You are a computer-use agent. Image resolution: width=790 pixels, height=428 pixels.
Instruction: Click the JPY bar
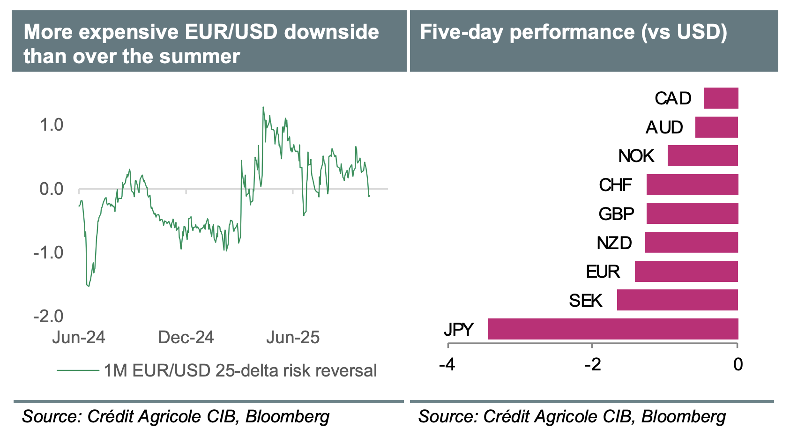tap(613, 329)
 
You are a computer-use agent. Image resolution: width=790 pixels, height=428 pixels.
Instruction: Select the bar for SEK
tap(677, 300)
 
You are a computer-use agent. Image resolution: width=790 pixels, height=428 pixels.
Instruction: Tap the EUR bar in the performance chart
tap(686, 272)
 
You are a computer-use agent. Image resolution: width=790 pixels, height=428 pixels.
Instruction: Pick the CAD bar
tap(721, 98)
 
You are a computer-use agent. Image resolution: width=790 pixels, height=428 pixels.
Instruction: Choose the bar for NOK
tap(702, 156)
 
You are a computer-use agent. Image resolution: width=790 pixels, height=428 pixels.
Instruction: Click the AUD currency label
tap(664, 127)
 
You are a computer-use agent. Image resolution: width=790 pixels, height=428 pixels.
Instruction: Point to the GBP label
tap(616, 214)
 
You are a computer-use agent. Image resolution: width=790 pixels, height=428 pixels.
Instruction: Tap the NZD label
tap(614, 243)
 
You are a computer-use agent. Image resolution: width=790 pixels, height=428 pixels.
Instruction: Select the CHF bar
tap(692, 185)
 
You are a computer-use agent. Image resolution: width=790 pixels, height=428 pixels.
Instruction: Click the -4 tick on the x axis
tap(447, 364)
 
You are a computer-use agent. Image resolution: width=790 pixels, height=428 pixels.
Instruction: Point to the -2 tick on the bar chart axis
tap(592, 364)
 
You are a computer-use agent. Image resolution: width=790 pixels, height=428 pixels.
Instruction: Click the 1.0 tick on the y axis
tap(52, 125)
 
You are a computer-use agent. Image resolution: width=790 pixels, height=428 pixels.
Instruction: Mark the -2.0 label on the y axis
tap(48, 316)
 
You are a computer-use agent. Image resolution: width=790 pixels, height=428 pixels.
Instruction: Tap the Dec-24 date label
tap(186, 337)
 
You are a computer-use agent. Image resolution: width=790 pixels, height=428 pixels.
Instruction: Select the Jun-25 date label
tap(293, 337)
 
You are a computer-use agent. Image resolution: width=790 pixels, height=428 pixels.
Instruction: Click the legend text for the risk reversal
tap(240, 370)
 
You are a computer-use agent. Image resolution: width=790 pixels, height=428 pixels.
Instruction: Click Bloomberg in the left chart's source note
tap(287, 416)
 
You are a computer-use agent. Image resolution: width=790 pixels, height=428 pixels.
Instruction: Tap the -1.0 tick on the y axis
tap(48, 252)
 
